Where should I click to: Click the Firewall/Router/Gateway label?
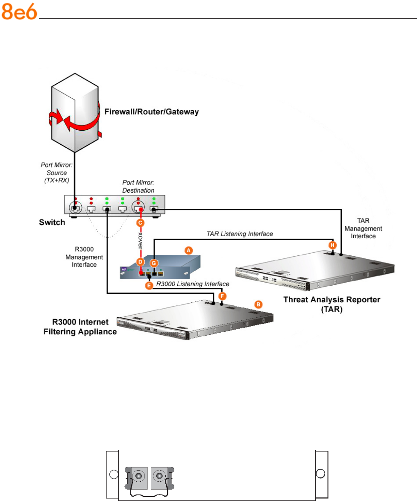tap(152, 112)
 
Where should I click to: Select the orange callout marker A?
tap(187, 251)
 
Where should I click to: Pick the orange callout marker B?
tap(258, 304)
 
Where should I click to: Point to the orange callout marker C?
tap(141, 222)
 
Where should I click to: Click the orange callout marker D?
tap(140, 261)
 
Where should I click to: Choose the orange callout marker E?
tap(149, 286)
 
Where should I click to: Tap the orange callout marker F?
tap(221, 295)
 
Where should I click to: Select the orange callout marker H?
tap(332, 245)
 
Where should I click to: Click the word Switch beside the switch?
tap(52, 222)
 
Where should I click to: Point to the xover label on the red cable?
tap(141, 242)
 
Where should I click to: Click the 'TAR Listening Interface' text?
tap(239, 234)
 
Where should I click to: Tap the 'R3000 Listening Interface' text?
tap(193, 284)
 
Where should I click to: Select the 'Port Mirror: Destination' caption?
tap(138, 187)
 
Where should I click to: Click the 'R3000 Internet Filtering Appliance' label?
tap(80, 327)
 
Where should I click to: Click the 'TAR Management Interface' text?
tap(363, 228)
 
